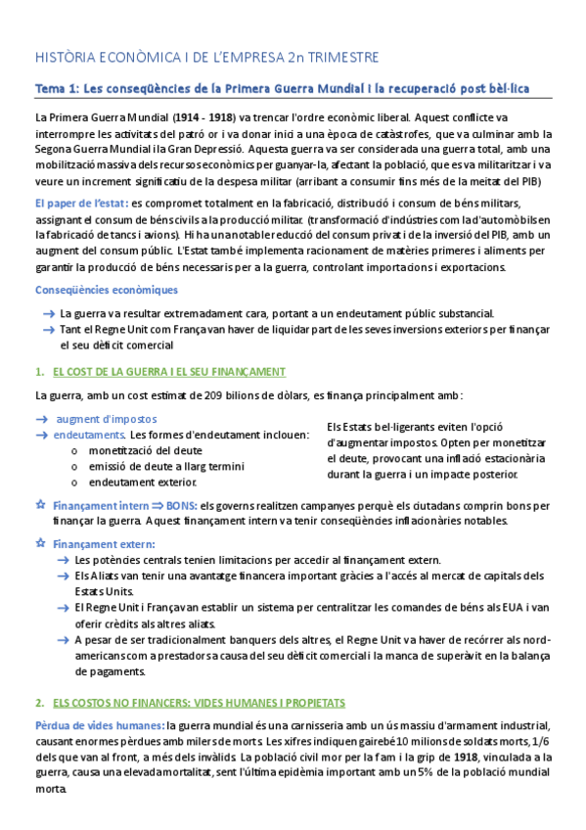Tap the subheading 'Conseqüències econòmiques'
[107, 290]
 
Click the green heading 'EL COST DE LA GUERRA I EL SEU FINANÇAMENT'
[168, 372]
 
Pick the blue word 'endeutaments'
[89, 435]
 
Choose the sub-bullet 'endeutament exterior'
[142, 483]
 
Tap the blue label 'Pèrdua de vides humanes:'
[99, 725]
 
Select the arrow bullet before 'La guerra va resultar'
[48, 313]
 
